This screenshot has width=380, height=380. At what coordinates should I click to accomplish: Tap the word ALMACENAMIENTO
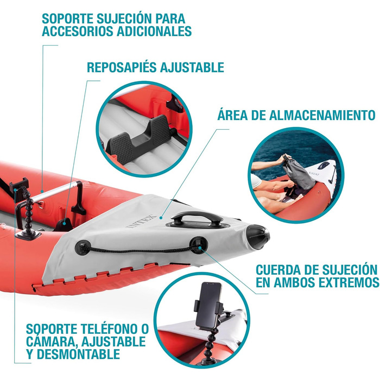[x=322, y=115]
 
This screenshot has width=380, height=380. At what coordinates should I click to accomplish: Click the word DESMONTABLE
[x=78, y=354]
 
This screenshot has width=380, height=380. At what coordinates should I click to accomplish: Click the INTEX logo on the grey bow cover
[x=142, y=221]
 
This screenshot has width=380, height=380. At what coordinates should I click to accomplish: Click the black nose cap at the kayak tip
[x=257, y=236]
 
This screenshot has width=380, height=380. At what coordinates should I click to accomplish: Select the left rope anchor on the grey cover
[x=83, y=247]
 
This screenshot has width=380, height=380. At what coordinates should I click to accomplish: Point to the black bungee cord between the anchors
[x=141, y=251]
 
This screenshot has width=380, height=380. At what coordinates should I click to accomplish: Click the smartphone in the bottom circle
[x=208, y=305]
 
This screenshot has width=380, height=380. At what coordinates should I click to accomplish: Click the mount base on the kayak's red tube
[x=28, y=235]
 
